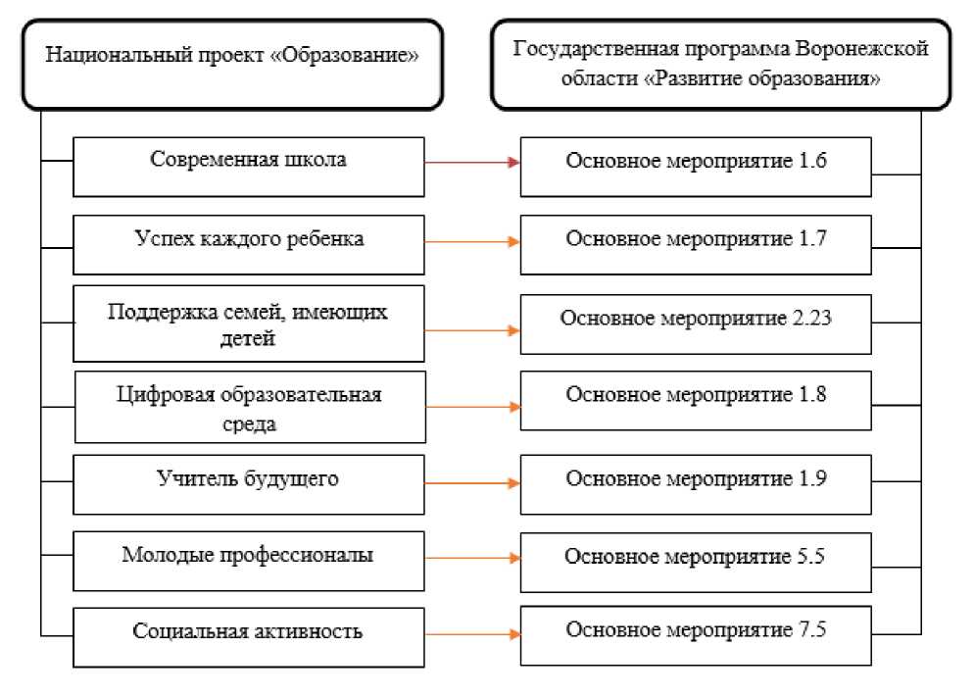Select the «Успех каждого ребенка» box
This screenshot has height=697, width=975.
[x=249, y=241]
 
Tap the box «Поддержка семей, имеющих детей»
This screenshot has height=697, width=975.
[x=249, y=324]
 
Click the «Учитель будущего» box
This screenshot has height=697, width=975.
[x=249, y=481]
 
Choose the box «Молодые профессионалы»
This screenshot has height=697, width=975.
[x=249, y=556]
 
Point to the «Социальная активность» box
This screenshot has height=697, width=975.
[x=249, y=631]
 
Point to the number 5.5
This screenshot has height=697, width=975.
[x=808, y=556]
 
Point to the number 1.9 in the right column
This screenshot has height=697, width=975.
[x=808, y=481]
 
